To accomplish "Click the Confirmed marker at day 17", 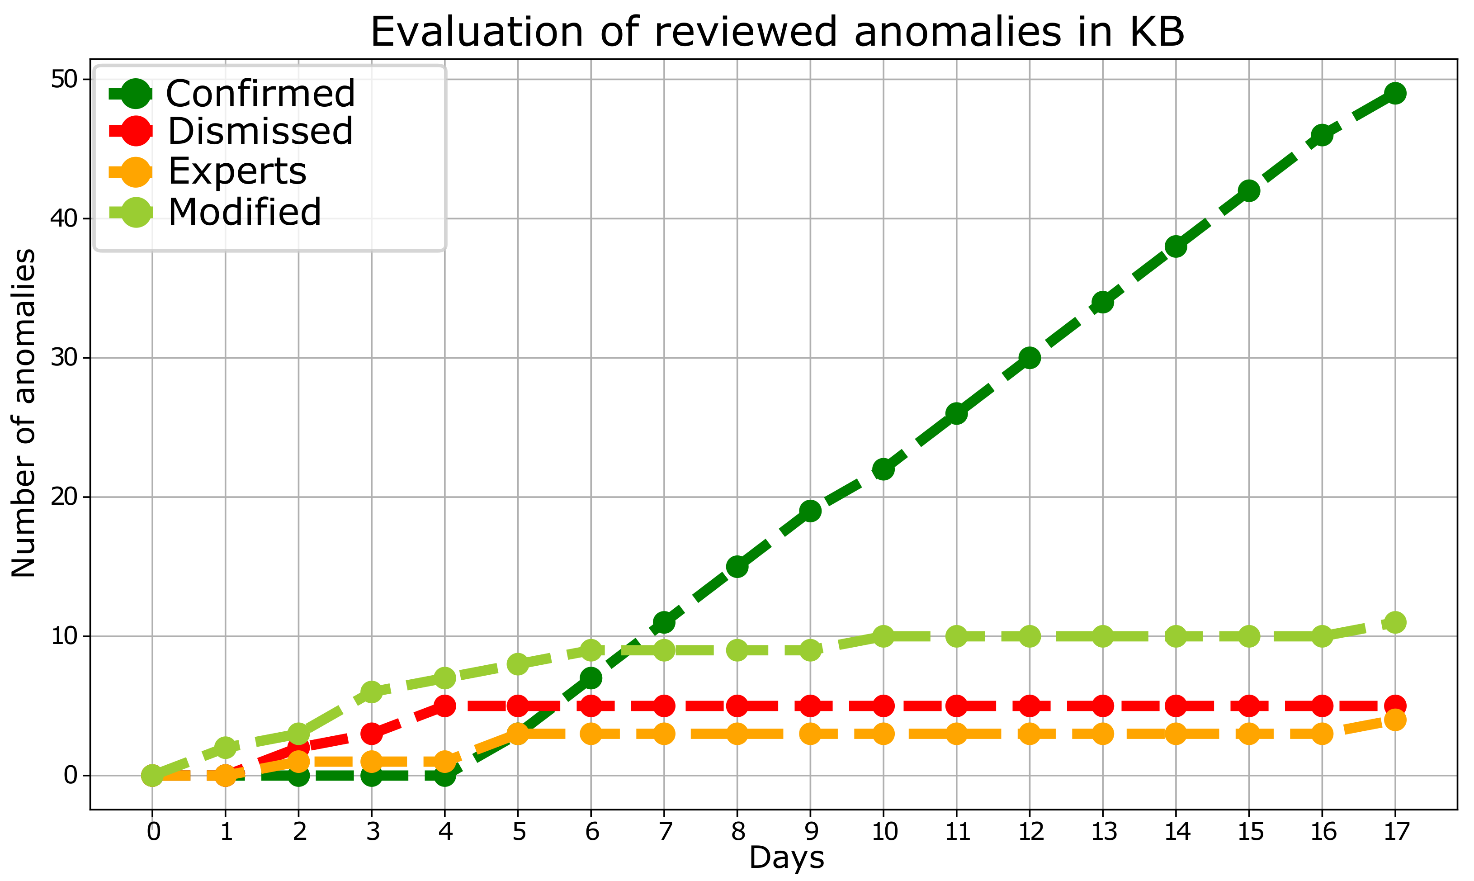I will click(1394, 93).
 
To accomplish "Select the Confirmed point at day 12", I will click(1030, 358).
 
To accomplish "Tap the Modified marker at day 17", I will click(1394, 622).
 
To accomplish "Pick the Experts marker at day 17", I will click(1394, 720).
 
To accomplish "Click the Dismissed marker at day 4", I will click(444, 706).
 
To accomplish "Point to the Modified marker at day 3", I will click(372, 692).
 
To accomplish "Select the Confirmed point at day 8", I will click(737, 567).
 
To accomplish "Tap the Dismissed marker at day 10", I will click(883, 706).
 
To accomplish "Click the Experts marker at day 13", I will click(1102, 734).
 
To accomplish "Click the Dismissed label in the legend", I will click(260, 131).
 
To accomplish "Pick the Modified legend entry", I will click(245, 212).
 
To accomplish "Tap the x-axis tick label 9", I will click(811, 832).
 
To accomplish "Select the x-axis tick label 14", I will click(1176, 832).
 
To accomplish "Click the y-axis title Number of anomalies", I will click(24, 412).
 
